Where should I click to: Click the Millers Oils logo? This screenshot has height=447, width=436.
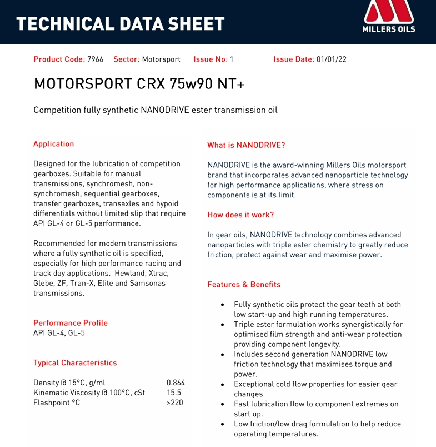pos(388,17)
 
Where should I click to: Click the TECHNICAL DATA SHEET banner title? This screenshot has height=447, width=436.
pos(121,24)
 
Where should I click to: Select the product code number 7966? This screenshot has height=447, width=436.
pos(95,59)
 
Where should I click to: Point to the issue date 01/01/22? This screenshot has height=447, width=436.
pos(331,59)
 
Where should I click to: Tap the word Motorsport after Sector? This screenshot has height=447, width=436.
pos(161,59)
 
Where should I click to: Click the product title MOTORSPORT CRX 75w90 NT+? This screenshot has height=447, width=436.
pos(139,83)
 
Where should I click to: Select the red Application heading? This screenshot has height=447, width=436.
pos(53,144)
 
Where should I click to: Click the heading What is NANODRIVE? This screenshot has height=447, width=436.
pos(246,145)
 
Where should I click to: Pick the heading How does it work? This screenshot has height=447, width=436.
pos(240,215)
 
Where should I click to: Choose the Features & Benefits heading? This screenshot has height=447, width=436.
pos(244,285)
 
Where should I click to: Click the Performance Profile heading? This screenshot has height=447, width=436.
pos(71,323)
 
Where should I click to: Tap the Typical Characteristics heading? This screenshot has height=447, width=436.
pos(75,363)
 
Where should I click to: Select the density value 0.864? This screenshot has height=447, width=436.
pos(176,383)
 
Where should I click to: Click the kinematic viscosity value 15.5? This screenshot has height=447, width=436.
pos(174,393)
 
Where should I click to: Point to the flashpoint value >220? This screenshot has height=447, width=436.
pos(174,403)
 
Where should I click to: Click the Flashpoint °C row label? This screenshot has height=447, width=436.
pos(57,403)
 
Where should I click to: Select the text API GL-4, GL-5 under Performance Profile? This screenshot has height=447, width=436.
pos(59,333)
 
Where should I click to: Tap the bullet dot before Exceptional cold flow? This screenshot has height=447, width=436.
pos(223,384)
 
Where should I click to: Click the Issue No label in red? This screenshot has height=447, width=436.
pos(210,59)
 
